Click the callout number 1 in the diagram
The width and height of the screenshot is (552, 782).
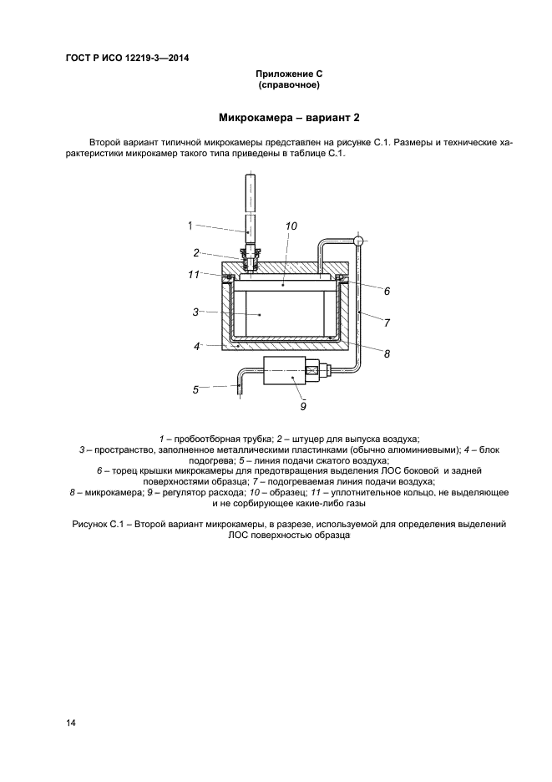click(x=190, y=225)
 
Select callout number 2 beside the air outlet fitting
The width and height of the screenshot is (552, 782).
click(x=196, y=252)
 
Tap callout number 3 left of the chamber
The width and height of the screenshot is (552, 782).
click(x=195, y=312)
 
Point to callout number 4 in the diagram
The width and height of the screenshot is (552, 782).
click(x=197, y=345)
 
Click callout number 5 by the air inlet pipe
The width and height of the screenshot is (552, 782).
click(x=196, y=388)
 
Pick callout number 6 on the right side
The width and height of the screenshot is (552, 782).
click(x=387, y=292)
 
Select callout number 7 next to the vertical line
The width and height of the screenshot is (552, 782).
click(x=387, y=322)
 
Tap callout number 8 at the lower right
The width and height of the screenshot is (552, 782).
click(x=387, y=354)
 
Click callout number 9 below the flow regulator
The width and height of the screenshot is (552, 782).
click(x=303, y=407)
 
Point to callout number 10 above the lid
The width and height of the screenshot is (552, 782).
click(x=291, y=226)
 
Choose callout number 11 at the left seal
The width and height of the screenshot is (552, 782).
click(x=194, y=273)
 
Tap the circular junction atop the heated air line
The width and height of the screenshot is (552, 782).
click(x=357, y=241)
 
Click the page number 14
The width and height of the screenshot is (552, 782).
click(x=71, y=724)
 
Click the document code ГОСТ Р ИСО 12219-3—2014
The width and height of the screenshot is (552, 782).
click(x=126, y=58)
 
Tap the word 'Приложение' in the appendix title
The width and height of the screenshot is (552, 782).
click(x=279, y=74)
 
